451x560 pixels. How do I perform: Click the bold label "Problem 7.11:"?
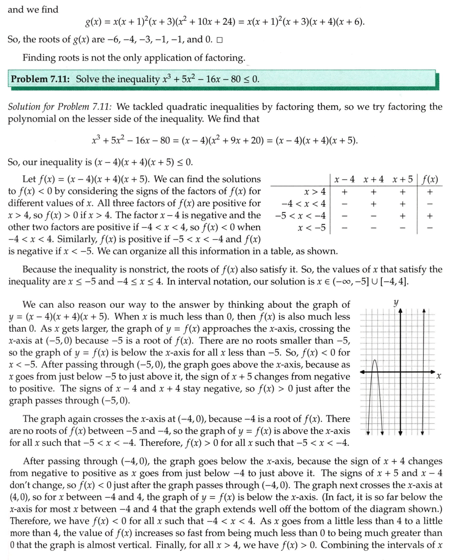tap(41, 79)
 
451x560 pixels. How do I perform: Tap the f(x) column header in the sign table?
tap(430, 179)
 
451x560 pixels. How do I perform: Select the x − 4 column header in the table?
tap(344, 179)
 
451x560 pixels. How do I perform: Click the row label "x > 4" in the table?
tap(315, 192)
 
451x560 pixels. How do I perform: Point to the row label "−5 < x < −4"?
tap(300, 216)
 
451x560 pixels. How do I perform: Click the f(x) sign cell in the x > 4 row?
tap(430, 192)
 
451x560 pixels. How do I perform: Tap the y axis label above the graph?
tap(397, 303)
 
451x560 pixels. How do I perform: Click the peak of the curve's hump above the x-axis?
tap(375, 361)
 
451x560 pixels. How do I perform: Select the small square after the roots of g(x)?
tap(220, 39)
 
